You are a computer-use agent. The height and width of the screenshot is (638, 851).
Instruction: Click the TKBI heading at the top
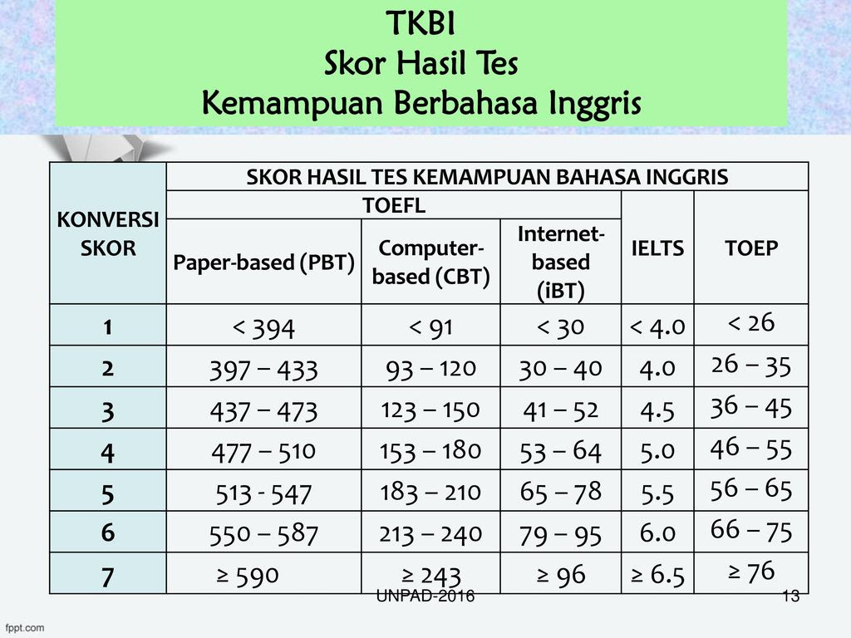pyautogui.click(x=421, y=24)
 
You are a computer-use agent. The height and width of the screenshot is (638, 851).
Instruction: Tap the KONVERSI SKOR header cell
pyautogui.click(x=108, y=233)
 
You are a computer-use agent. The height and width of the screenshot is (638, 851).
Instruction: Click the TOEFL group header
pyautogui.click(x=394, y=205)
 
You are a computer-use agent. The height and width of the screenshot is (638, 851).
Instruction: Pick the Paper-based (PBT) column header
pyautogui.click(x=263, y=262)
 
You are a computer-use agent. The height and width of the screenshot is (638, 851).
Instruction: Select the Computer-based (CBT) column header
pyautogui.click(x=431, y=262)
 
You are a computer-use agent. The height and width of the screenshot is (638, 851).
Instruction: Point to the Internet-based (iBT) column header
pyautogui.click(x=561, y=262)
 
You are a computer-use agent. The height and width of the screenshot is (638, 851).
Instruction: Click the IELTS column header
pyautogui.click(x=657, y=248)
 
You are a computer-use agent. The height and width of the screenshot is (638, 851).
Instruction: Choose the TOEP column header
pyautogui.click(x=751, y=248)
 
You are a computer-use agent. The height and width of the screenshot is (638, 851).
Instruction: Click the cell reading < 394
pyautogui.click(x=263, y=328)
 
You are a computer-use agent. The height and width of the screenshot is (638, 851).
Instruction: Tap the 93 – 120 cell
pyautogui.click(x=431, y=369)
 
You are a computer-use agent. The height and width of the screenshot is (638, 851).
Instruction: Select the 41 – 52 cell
pyautogui.click(x=561, y=410)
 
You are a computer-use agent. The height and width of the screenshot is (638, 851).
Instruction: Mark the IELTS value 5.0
pyautogui.click(x=657, y=451)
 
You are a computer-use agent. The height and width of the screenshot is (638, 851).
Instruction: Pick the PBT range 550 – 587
pyautogui.click(x=263, y=534)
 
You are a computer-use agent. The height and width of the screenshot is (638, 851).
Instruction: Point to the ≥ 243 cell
pyautogui.click(x=431, y=576)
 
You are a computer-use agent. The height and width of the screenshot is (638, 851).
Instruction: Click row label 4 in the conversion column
pyautogui.click(x=107, y=453)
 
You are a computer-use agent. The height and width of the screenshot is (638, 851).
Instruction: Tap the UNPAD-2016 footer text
pyautogui.click(x=425, y=596)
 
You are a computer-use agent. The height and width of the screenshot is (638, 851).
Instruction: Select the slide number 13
pyautogui.click(x=791, y=596)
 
